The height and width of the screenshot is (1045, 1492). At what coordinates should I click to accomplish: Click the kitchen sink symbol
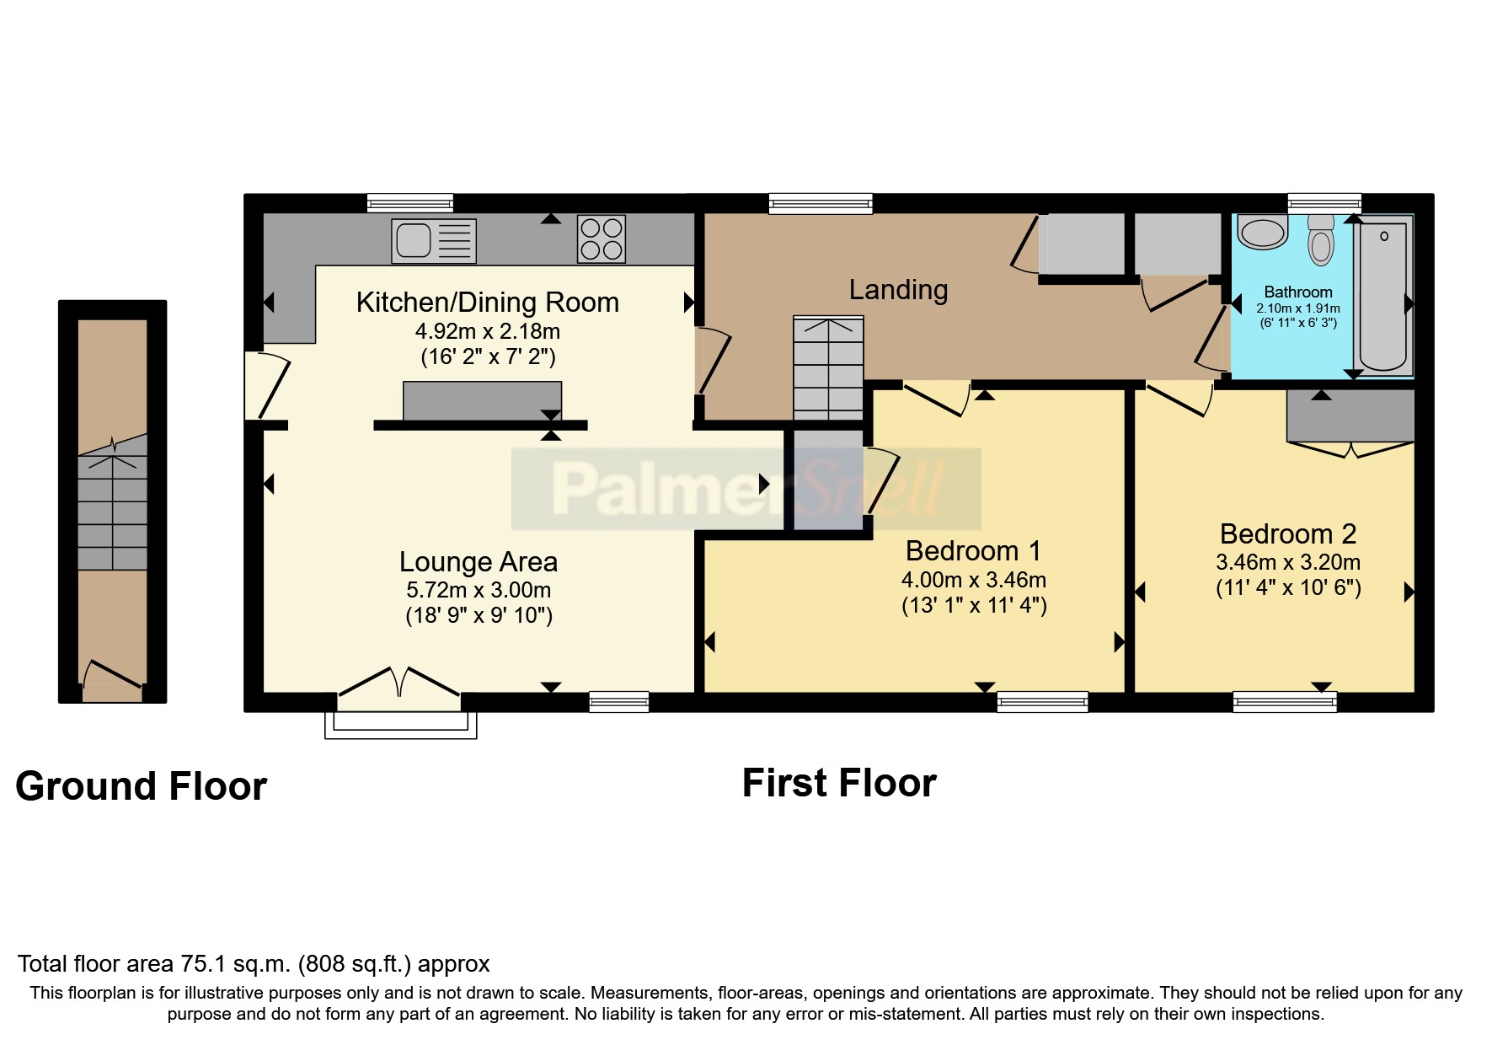(x=433, y=240)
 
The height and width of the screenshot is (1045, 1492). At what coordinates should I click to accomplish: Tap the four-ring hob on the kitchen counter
(x=602, y=238)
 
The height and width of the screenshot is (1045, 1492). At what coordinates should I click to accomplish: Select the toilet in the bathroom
(x=1321, y=241)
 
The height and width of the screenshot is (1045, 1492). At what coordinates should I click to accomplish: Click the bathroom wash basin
(x=1263, y=233)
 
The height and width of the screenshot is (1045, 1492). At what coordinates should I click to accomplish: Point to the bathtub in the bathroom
(x=1383, y=295)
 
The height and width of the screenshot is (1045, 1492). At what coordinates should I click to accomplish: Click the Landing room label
(x=898, y=290)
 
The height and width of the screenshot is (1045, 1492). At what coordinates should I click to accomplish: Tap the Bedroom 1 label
(x=973, y=551)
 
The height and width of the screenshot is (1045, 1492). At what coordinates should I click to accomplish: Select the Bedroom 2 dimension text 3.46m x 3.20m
(x=1287, y=562)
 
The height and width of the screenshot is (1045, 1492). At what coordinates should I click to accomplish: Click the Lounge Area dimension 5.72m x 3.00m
(x=479, y=590)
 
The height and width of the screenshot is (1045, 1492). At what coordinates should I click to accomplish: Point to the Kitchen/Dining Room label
(x=487, y=303)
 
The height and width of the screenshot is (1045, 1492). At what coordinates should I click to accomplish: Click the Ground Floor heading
(x=141, y=786)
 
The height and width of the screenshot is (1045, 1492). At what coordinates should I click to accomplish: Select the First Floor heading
(x=838, y=783)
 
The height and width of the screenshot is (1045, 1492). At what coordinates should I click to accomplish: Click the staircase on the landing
(x=828, y=368)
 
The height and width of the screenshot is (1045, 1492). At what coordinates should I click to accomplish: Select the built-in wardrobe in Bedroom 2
(x=1350, y=416)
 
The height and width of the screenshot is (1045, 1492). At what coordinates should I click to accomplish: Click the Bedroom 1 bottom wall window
(x=1042, y=701)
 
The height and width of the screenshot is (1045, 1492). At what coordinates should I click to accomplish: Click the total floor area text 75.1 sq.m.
(x=254, y=964)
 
